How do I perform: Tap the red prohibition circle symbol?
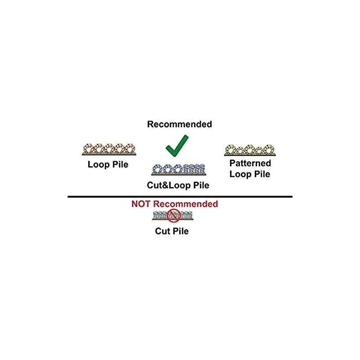pyautogui.click(x=174, y=216)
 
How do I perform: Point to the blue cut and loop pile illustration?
pyautogui.click(x=180, y=170)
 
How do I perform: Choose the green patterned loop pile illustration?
pyautogui.click(x=250, y=149)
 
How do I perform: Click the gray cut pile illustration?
pyautogui.click(x=173, y=216)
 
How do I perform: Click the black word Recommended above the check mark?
pyautogui.click(x=179, y=124)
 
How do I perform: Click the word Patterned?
pyautogui.click(x=250, y=163)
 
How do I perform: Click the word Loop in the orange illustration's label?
pyautogui.click(x=98, y=165)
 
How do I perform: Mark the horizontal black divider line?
pyautogui.click(x=180, y=197)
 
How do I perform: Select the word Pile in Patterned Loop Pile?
pyautogui.click(x=261, y=174)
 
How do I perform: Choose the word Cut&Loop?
pyautogui.click(x=169, y=184)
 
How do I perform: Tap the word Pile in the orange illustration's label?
pyautogui.click(x=119, y=165)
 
